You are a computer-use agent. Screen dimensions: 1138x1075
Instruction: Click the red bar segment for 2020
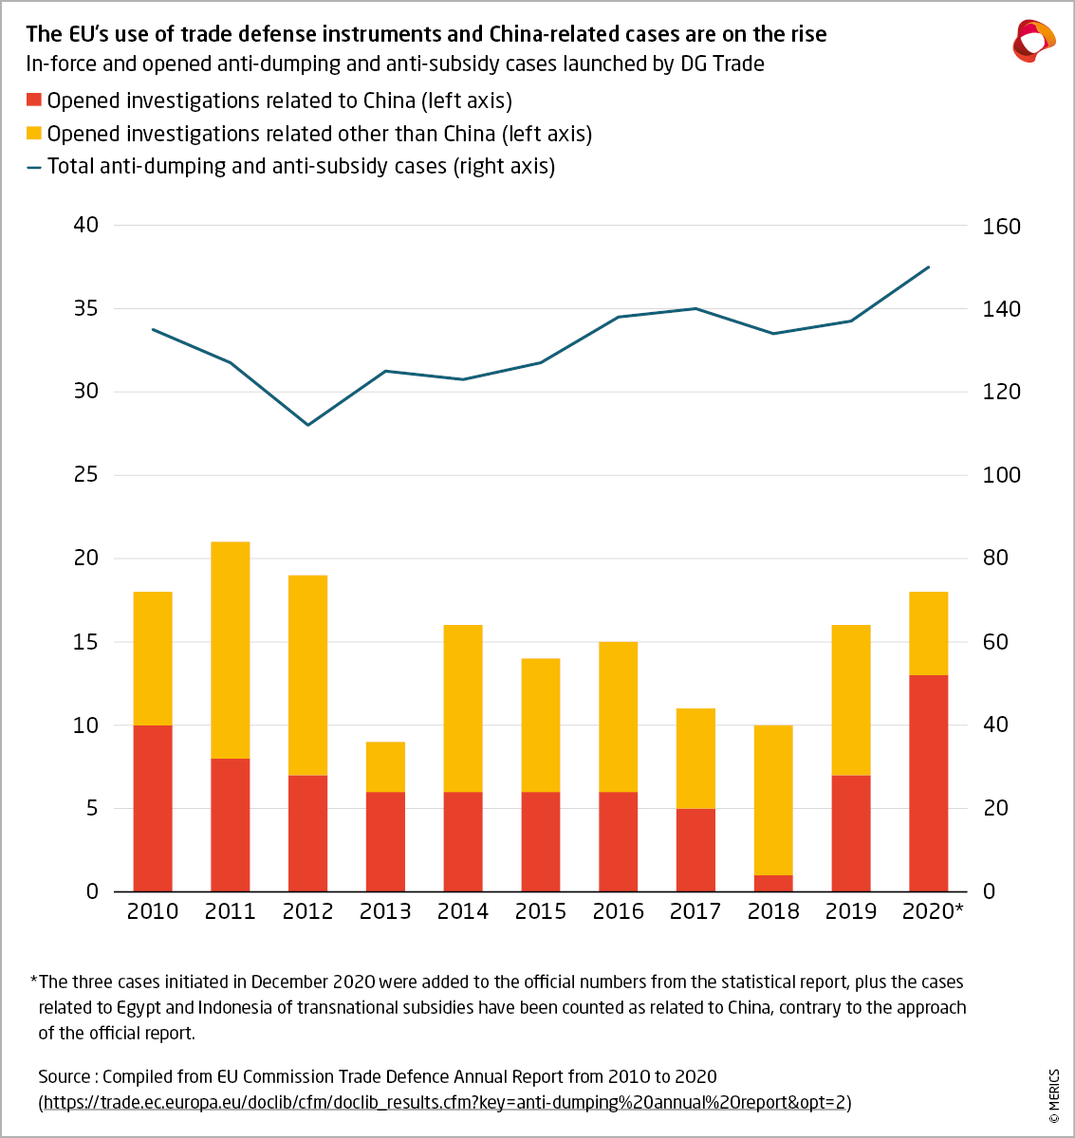(x=928, y=783)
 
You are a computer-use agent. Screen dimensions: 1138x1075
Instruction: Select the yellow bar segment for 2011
(x=231, y=650)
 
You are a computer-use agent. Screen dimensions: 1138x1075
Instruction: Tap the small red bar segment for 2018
(x=773, y=883)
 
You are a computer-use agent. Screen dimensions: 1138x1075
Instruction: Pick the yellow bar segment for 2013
(x=385, y=766)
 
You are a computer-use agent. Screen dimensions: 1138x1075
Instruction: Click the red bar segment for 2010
(x=153, y=808)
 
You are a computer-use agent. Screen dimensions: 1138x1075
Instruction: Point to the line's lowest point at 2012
(x=308, y=424)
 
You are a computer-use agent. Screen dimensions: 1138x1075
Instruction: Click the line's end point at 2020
(x=928, y=267)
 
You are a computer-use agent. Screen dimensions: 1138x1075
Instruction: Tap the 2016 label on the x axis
(x=618, y=911)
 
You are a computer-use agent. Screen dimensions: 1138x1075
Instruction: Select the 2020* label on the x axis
(x=932, y=911)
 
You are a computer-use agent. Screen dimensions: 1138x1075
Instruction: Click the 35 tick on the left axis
(x=86, y=308)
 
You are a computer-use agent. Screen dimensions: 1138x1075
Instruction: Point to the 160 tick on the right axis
(x=1001, y=227)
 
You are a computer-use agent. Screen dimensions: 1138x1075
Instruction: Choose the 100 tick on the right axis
(x=1001, y=475)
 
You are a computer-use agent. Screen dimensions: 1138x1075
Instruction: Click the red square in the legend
(x=34, y=100)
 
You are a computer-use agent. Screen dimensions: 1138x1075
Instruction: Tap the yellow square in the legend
(x=34, y=133)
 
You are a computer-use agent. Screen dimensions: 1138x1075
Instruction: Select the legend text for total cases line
(x=301, y=166)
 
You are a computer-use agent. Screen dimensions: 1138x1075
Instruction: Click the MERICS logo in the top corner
(x=1033, y=41)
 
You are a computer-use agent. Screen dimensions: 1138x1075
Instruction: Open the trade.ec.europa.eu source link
(x=444, y=1102)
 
